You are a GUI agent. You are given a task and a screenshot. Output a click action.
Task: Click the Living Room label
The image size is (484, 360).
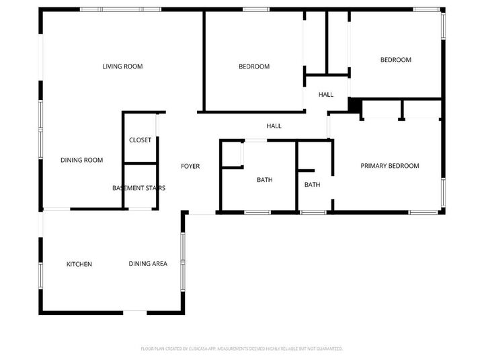coord(122,66)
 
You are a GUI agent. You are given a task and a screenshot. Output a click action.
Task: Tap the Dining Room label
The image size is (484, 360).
coord(81,160)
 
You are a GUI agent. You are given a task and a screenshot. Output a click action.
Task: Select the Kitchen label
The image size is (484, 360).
coord(79,264)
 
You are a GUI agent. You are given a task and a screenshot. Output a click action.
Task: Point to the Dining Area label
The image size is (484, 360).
coord(148,264)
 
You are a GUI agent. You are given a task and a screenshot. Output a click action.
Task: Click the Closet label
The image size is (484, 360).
coord(140,140)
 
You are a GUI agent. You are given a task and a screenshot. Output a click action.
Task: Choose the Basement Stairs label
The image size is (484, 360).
coord(138,188)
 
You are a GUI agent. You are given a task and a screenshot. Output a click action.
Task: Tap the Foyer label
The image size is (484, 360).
coord(190,166)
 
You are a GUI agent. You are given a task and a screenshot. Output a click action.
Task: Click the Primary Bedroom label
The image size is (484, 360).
coord(390,166)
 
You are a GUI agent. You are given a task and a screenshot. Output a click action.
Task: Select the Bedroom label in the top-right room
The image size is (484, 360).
coord(395,60)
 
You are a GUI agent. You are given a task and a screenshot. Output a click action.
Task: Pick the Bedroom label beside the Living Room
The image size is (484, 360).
coord(254,66)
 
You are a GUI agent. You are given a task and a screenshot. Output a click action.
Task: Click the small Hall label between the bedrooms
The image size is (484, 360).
coord(326,95)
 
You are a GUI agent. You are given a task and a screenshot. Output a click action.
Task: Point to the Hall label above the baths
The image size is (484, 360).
coord(274,126)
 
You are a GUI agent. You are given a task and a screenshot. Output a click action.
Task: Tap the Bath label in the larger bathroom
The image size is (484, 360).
coord(264,180)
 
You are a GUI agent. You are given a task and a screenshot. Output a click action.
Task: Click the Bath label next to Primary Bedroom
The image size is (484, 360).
coord(312,185)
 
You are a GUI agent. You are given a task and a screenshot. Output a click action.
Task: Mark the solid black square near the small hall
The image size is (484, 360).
coord(355,106)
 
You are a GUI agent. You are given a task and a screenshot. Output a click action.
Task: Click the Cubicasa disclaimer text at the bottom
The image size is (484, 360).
coord(242,349)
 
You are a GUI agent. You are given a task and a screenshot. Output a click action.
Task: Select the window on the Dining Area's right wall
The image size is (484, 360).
coord(182,255)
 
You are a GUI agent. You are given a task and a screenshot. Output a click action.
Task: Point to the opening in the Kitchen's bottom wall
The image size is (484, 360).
coord(135,311)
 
